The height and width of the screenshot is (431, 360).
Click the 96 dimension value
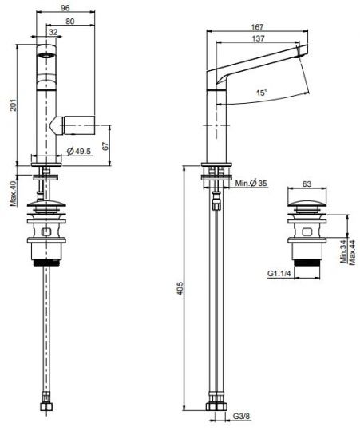click(x=65, y=7)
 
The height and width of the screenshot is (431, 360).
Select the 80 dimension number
click(x=70, y=22)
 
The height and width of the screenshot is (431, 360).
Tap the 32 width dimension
click(x=53, y=32)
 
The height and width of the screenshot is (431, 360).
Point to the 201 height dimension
click(x=13, y=105)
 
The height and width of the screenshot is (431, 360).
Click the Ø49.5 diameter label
click(x=79, y=151)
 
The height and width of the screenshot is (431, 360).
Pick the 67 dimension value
click(x=105, y=146)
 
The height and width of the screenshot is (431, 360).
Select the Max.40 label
click(x=14, y=193)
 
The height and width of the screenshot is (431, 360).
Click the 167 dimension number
click(x=257, y=26)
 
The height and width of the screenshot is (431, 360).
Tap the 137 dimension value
click(x=258, y=38)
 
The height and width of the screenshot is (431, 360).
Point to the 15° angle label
click(x=261, y=93)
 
